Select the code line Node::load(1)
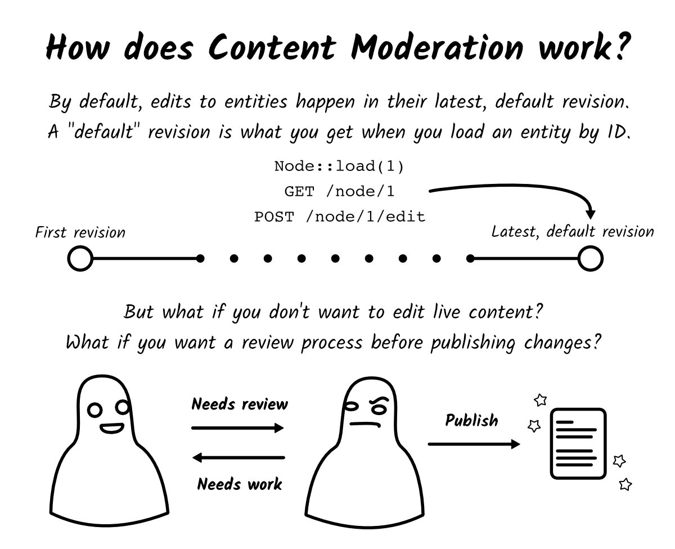click(339, 166)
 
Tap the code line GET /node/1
click(339, 191)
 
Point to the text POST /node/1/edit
click(339, 217)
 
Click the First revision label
click(80, 232)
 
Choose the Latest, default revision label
click(573, 231)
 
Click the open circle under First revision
click(80, 259)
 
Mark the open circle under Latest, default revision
click(591, 259)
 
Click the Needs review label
click(240, 404)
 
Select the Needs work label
click(240, 484)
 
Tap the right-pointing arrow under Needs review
click(238, 429)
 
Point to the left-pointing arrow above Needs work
click(238, 458)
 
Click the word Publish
click(471, 420)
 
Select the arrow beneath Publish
click(474, 444)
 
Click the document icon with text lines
click(578, 444)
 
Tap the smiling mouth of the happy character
click(111, 429)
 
